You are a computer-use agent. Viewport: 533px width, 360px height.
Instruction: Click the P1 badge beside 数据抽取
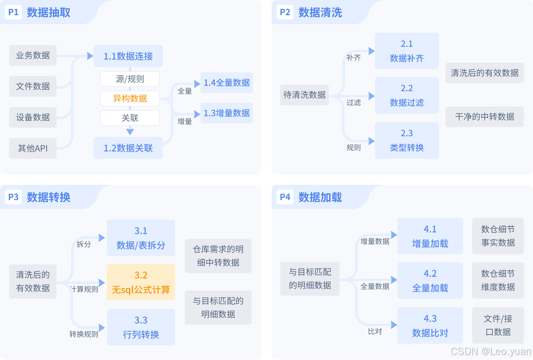(13, 12)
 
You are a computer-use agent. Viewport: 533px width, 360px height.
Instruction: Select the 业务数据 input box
(33, 56)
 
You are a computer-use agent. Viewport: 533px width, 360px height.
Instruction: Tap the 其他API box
(33, 148)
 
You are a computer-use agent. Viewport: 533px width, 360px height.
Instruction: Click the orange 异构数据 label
(130, 98)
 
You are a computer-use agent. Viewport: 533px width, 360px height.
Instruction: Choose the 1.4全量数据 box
(227, 83)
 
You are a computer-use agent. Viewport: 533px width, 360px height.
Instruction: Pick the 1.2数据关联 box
(128, 148)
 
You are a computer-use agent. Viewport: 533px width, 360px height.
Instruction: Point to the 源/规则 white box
(130, 79)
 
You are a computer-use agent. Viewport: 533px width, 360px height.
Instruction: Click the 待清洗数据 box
(304, 95)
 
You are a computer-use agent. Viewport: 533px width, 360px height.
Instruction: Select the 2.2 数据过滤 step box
(406, 96)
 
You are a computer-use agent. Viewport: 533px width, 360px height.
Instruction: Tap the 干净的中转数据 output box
(485, 117)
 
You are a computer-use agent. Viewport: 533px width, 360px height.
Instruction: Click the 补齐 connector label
(354, 58)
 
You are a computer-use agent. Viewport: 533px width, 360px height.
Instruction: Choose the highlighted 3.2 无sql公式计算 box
(141, 282)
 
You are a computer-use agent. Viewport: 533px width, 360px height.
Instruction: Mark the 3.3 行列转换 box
(141, 327)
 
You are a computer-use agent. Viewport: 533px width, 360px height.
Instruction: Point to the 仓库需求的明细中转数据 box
(218, 256)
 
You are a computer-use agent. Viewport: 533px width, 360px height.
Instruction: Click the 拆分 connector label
(84, 244)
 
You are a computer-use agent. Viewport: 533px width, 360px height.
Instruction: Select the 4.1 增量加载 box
(430, 236)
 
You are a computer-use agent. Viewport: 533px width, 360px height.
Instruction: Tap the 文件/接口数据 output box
(498, 325)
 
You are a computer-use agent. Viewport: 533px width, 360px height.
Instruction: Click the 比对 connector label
(375, 332)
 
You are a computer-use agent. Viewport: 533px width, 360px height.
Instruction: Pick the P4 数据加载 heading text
(320, 197)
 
